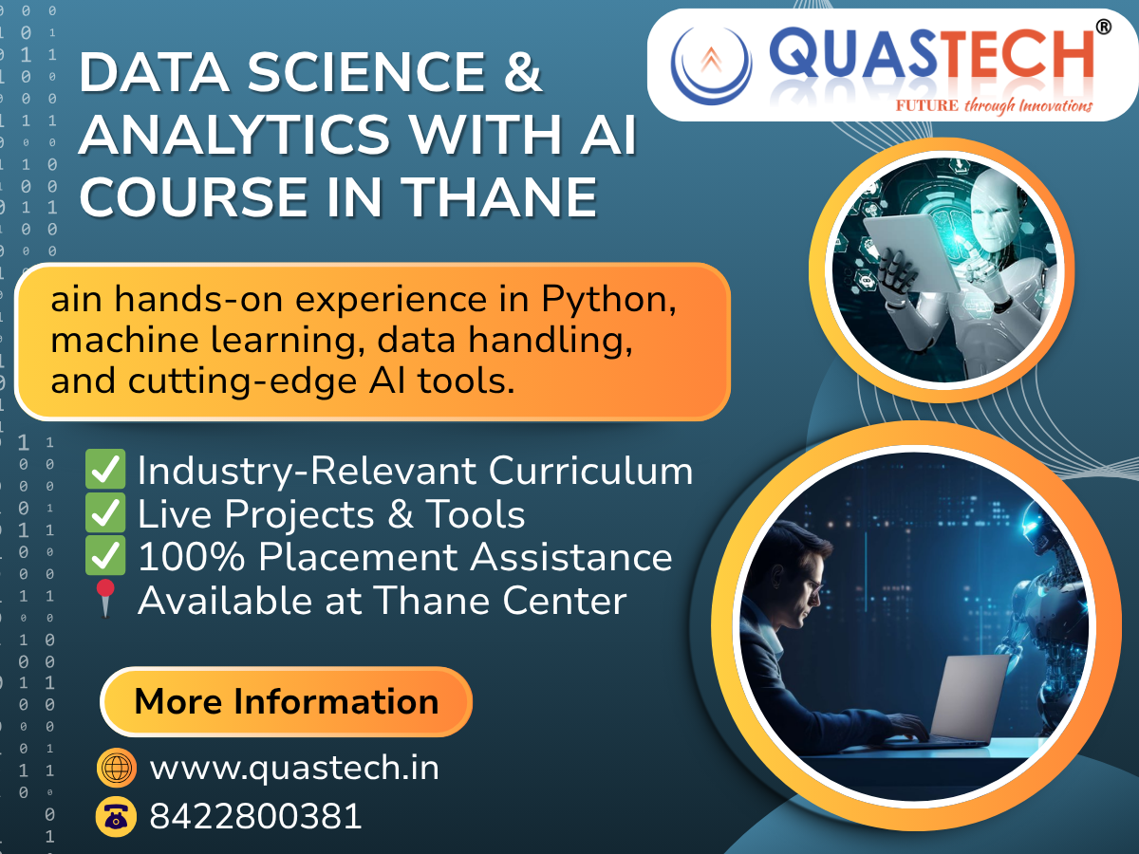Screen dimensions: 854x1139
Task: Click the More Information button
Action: pyautogui.click(x=286, y=702)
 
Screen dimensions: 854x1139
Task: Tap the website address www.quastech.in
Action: pyautogui.click(x=294, y=768)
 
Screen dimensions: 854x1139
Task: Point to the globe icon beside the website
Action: pyautogui.click(x=117, y=768)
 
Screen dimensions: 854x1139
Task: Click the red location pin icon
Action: pyautogui.click(x=106, y=599)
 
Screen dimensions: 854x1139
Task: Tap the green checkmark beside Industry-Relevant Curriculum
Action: pyautogui.click(x=105, y=470)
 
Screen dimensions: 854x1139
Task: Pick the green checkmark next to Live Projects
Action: pyautogui.click(x=105, y=513)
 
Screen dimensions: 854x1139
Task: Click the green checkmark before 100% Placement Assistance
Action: pyautogui.click(x=105, y=556)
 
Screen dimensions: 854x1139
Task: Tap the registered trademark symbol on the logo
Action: pyautogui.click(x=1103, y=28)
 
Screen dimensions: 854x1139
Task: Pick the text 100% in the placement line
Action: pyautogui.click(x=191, y=556)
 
